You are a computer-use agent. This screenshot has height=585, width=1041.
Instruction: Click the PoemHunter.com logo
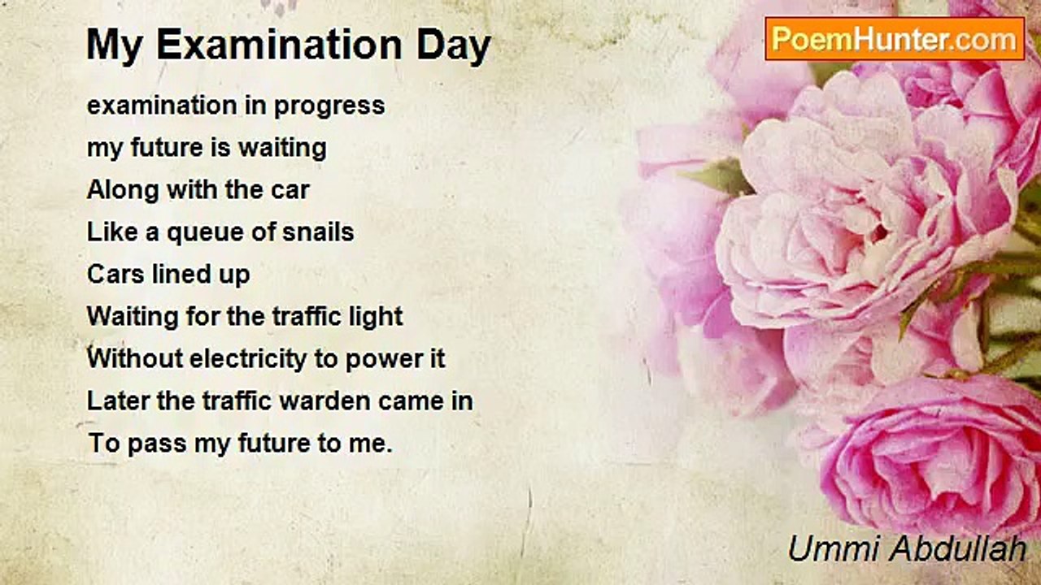(895, 39)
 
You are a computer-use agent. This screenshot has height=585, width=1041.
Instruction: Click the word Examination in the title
(279, 45)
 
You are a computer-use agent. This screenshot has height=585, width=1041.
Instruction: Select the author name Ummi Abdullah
(907, 548)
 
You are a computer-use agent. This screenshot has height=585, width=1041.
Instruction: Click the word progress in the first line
(329, 106)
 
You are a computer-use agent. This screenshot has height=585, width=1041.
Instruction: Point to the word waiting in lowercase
(282, 149)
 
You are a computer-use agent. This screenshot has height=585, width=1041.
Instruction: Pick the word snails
(318, 232)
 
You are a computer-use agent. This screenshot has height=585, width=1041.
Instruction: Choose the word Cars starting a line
(115, 274)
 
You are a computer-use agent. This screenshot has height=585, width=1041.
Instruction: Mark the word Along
(123, 191)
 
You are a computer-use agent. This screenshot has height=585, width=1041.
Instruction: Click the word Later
(118, 401)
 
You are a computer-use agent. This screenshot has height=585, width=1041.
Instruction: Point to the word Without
(135, 358)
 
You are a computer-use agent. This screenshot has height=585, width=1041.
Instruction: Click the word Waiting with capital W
(133, 318)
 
